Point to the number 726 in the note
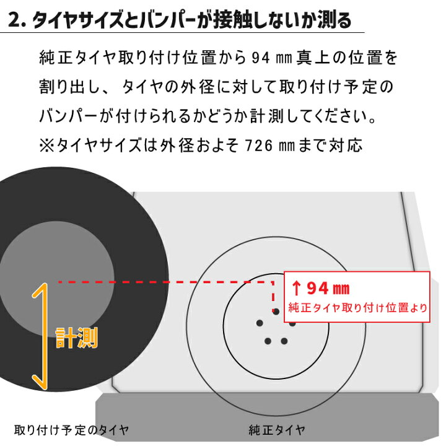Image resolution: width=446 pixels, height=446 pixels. click(259, 146)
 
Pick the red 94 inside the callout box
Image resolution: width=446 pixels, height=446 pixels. click(318, 288)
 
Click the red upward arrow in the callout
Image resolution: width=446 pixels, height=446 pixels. click(296, 288)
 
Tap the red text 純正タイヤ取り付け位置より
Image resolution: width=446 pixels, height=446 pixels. click(357, 308)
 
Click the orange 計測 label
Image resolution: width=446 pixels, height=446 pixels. click(77, 338)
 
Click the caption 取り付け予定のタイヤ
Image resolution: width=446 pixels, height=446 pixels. click(71, 430)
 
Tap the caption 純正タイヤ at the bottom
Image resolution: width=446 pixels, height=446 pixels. click(277, 430)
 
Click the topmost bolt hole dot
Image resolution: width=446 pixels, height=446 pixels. click(276, 312)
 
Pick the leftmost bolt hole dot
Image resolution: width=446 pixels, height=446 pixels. click(260, 323)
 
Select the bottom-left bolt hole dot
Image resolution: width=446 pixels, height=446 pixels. click(268, 341)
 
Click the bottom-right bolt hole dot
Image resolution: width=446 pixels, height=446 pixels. click(284, 341)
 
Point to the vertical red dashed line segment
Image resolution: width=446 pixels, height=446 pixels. click(273, 294)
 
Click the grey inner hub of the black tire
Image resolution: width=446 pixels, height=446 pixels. click(57, 279)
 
